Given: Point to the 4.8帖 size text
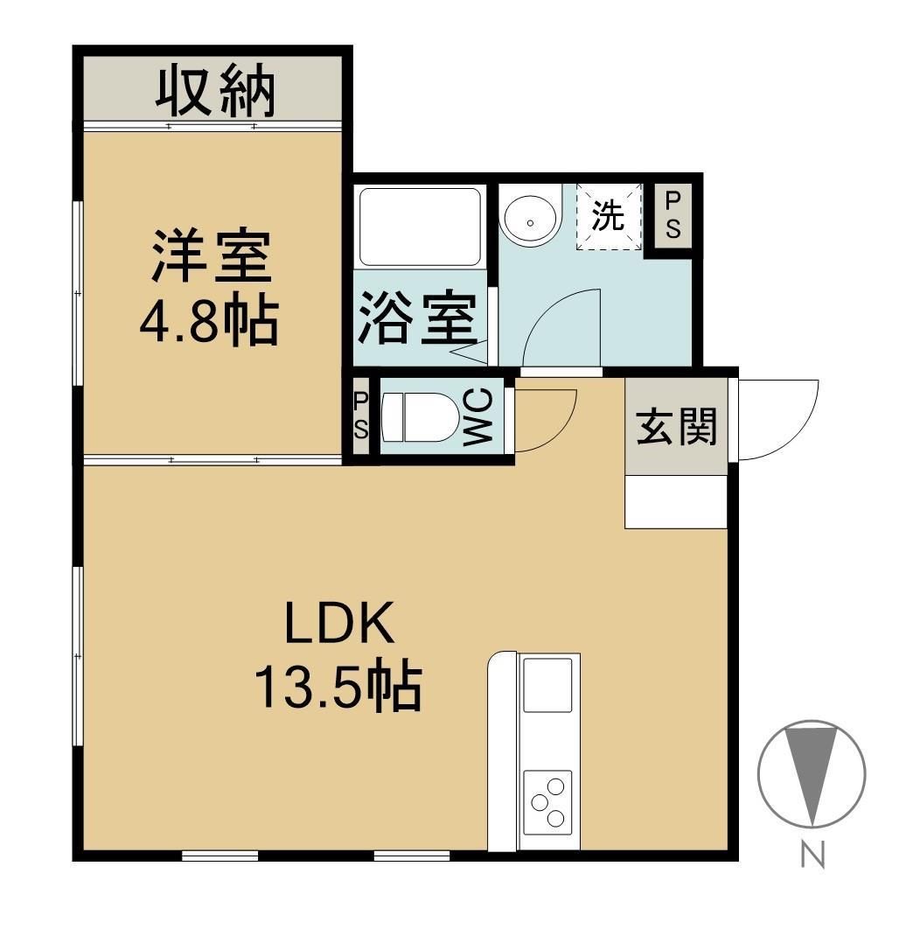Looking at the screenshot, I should pyautogui.click(x=209, y=321).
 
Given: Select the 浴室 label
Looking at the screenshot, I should pyautogui.click(x=418, y=318).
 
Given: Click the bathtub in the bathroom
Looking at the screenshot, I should pyautogui.click(x=421, y=227).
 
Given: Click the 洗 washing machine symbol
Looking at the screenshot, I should pyautogui.click(x=609, y=216).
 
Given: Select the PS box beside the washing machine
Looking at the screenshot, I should pyautogui.click(x=673, y=216).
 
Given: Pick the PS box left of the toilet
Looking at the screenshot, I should pyautogui.click(x=360, y=416).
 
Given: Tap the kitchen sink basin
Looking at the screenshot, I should pyautogui.click(x=547, y=684).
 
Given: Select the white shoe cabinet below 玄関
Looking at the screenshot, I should pyautogui.click(x=676, y=502).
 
